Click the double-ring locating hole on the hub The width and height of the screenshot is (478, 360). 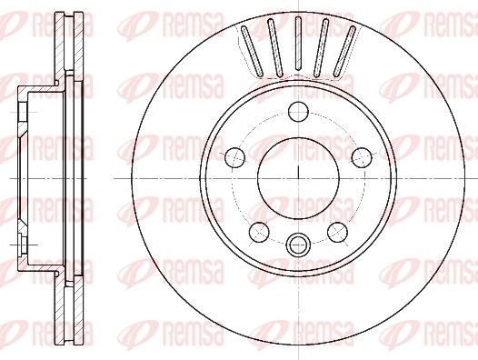pos(298,244)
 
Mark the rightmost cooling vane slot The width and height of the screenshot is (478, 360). pos(345,54)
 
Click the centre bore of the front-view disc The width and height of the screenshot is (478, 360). pos(298,175)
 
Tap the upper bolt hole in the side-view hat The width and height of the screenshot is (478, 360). pos(20,111)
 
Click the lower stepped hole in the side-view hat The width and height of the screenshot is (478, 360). pos(20,244)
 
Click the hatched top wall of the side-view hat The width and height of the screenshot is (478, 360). pos(41,88)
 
